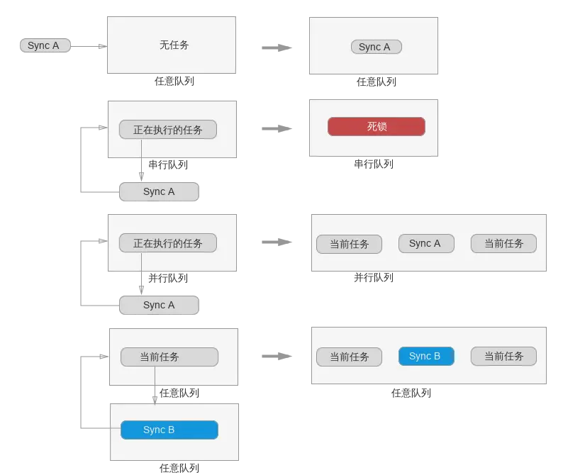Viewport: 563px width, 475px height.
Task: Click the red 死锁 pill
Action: [x=377, y=126]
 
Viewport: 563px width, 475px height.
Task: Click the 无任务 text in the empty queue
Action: [x=174, y=45]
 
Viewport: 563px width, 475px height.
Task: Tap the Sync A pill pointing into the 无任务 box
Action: [x=45, y=45]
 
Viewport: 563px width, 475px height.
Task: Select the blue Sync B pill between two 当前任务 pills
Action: [x=426, y=356]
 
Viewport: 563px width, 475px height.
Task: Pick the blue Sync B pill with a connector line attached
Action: [x=169, y=430]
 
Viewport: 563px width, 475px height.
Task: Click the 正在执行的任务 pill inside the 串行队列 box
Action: [x=167, y=130]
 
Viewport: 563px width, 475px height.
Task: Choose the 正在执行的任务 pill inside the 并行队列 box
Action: [x=167, y=243]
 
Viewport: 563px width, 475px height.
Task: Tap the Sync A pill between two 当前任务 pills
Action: [x=426, y=243]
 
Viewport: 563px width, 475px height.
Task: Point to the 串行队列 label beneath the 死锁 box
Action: [x=374, y=164]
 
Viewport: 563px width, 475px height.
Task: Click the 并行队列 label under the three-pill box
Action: [x=374, y=277]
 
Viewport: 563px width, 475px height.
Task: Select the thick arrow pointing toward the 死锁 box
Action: [x=277, y=128]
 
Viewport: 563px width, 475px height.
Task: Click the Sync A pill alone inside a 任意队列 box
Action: [x=377, y=47]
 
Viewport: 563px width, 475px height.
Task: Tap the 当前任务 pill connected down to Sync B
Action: [x=169, y=357]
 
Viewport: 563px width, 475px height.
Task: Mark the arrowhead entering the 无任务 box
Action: [x=103, y=46]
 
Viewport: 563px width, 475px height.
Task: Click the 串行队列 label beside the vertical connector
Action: [x=168, y=164]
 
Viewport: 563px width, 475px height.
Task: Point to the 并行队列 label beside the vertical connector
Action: [x=168, y=278]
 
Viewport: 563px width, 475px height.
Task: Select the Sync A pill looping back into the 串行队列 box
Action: [x=159, y=191]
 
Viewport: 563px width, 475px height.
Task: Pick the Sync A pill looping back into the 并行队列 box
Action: [x=159, y=305]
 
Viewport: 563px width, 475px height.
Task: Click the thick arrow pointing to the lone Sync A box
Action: [x=277, y=47]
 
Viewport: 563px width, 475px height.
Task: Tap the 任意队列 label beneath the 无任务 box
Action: [x=174, y=81]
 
